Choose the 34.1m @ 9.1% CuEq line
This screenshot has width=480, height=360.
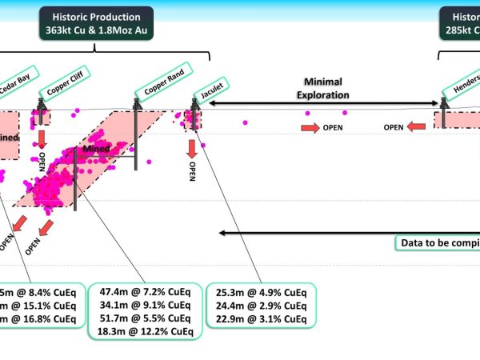tap(145, 304)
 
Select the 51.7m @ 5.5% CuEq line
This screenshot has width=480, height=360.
tap(145, 318)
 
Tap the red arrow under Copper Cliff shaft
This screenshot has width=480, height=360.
tap(42, 138)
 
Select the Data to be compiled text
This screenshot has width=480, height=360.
tap(438, 243)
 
